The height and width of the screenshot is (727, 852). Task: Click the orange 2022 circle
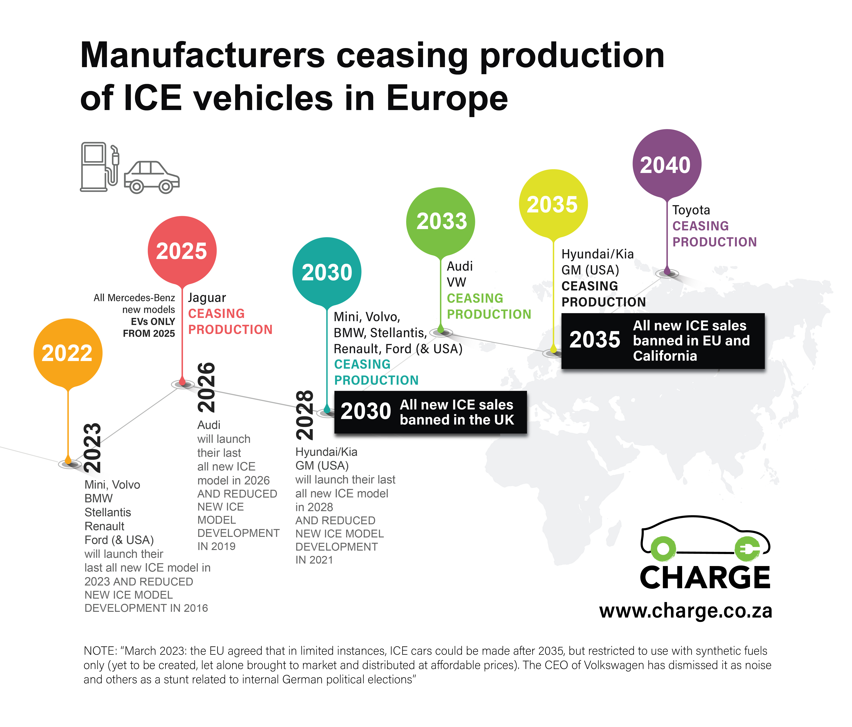68,353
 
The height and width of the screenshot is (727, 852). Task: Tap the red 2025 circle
182,250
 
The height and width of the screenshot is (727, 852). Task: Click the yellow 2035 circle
553,203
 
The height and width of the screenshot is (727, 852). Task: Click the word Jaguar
207,298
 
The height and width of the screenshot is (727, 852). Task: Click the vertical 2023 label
92,448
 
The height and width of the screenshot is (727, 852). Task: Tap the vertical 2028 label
305,415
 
